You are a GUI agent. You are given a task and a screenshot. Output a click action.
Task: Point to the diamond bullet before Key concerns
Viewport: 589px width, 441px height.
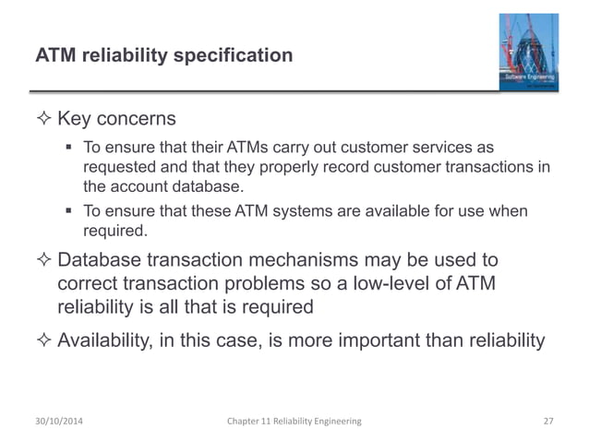44,122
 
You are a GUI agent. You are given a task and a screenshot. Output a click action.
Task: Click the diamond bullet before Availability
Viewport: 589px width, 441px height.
44,341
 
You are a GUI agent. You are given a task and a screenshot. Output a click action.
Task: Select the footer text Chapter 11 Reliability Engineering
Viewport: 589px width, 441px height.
294,421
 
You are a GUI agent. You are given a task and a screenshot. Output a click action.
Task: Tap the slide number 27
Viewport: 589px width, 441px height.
547,421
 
